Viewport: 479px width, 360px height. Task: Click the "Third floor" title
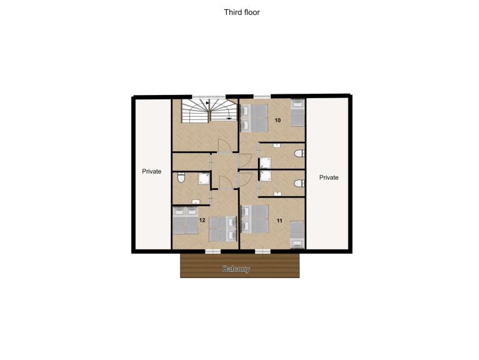242,12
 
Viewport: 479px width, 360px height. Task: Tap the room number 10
277,120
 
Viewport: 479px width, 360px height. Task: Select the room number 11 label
279,221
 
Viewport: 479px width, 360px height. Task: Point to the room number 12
202,220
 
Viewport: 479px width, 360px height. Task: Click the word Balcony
236,269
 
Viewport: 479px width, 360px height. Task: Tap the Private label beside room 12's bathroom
152,171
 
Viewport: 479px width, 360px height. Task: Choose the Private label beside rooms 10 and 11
328,177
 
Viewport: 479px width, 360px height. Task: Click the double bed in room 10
254,118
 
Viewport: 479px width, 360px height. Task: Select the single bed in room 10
297,112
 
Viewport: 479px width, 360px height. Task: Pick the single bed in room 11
297,235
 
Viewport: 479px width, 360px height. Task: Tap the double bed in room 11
255,219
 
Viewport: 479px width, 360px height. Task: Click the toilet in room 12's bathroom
181,178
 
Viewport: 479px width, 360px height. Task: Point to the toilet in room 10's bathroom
300,153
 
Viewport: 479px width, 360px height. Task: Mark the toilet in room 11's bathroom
300,183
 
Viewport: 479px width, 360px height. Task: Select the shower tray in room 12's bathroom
204,179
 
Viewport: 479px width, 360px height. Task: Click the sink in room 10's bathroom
277,145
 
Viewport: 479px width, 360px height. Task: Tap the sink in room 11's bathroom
277,194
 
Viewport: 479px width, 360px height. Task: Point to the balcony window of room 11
263,251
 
